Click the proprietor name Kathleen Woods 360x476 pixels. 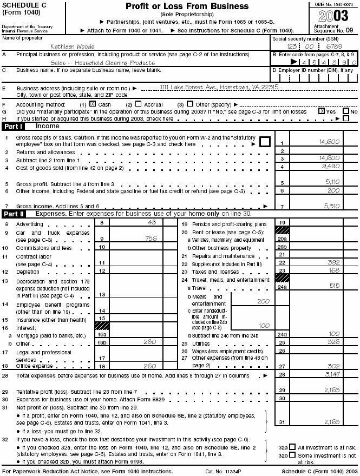[x=72, y=47]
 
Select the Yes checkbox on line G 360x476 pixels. [x=322, y=111]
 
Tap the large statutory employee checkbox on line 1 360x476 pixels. [x=265, y=142]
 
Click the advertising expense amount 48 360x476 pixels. [x=152, y=222]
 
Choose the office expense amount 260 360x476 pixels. [x=148, y=365]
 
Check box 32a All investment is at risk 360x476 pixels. [x=292, y=447]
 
